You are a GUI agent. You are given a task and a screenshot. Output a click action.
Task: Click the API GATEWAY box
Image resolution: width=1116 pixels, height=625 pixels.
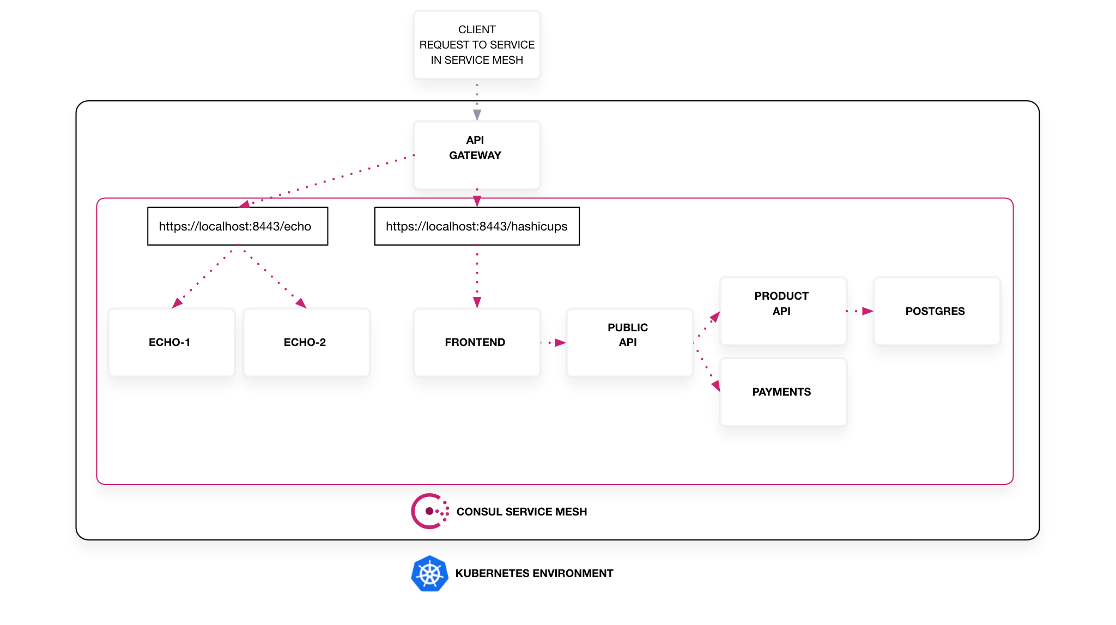click(476, 155)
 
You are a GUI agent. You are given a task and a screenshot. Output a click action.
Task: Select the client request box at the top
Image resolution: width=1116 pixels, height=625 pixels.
click(476, 45)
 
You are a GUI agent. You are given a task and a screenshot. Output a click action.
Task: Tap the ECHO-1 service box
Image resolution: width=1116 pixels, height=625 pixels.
click(171, 342)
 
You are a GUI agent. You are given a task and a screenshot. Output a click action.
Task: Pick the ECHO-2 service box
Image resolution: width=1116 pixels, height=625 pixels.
click(306, 342)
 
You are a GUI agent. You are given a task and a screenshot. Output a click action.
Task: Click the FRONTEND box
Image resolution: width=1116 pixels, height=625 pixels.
click(476, 342)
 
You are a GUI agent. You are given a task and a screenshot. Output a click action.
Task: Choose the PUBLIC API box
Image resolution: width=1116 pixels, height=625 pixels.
click(629, 342)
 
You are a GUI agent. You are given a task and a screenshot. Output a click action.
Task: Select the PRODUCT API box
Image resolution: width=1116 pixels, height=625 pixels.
click(783, 311)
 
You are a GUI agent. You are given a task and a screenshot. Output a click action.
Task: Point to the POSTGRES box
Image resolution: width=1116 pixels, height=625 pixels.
click(936, 311)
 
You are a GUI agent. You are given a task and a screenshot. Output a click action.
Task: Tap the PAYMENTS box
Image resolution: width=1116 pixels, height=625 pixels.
click(783, 392)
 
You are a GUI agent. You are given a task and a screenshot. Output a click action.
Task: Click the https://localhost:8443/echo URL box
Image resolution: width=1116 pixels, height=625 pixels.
click(237, 226)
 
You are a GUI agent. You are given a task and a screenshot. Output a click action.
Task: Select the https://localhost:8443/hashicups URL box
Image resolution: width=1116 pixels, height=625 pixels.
click(476, 226)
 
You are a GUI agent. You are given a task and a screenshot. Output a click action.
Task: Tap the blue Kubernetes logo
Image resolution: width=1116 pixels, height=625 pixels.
click(429, 573)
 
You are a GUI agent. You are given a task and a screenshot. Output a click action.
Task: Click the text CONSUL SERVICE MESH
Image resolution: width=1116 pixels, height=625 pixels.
click(521, 512)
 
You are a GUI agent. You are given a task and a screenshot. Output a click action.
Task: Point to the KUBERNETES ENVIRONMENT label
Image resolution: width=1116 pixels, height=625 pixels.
click(534, 573)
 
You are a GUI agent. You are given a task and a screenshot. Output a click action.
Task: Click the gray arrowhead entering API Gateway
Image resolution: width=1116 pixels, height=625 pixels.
click(477, 115)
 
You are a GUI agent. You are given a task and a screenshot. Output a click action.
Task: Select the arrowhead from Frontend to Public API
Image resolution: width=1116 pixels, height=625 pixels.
click(560, 343)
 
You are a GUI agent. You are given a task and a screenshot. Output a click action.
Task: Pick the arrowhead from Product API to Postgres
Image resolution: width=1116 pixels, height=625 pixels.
click(867, 311)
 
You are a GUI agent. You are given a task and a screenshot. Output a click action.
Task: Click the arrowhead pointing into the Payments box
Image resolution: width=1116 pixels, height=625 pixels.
click(716, 386)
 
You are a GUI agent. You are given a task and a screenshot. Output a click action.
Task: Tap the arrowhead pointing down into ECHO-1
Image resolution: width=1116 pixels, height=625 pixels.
click(177, 304)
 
